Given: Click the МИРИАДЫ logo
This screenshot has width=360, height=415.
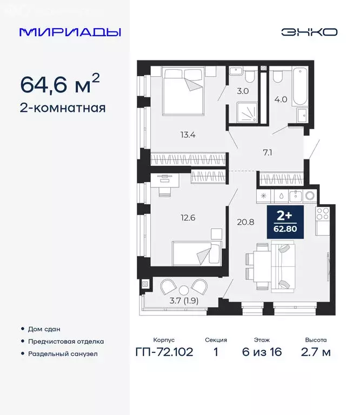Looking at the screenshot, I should point(70,32).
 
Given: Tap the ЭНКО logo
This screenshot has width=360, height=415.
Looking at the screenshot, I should point(309,32).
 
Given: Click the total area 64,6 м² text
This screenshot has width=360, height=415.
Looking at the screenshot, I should point(59,84).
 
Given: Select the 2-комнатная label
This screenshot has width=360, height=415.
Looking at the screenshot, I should point(62,108).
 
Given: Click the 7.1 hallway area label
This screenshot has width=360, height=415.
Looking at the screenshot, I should point(266,152).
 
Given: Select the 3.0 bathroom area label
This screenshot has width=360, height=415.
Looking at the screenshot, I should point(243,91).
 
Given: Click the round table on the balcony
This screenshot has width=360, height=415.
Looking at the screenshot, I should point(184,289).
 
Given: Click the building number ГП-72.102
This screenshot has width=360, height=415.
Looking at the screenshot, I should point(163,353).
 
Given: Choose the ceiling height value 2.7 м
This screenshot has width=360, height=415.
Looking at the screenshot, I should point(315,353).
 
